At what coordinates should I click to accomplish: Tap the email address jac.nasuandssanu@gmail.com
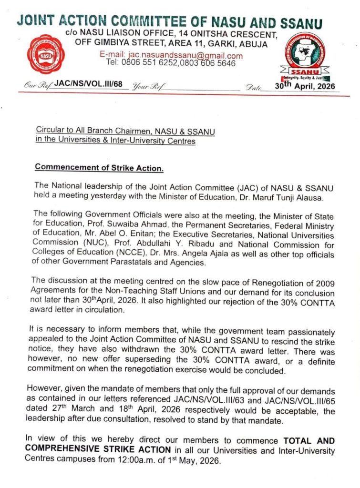(x=171, y=55)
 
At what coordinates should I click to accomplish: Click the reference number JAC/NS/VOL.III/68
(x=89, y=84)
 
